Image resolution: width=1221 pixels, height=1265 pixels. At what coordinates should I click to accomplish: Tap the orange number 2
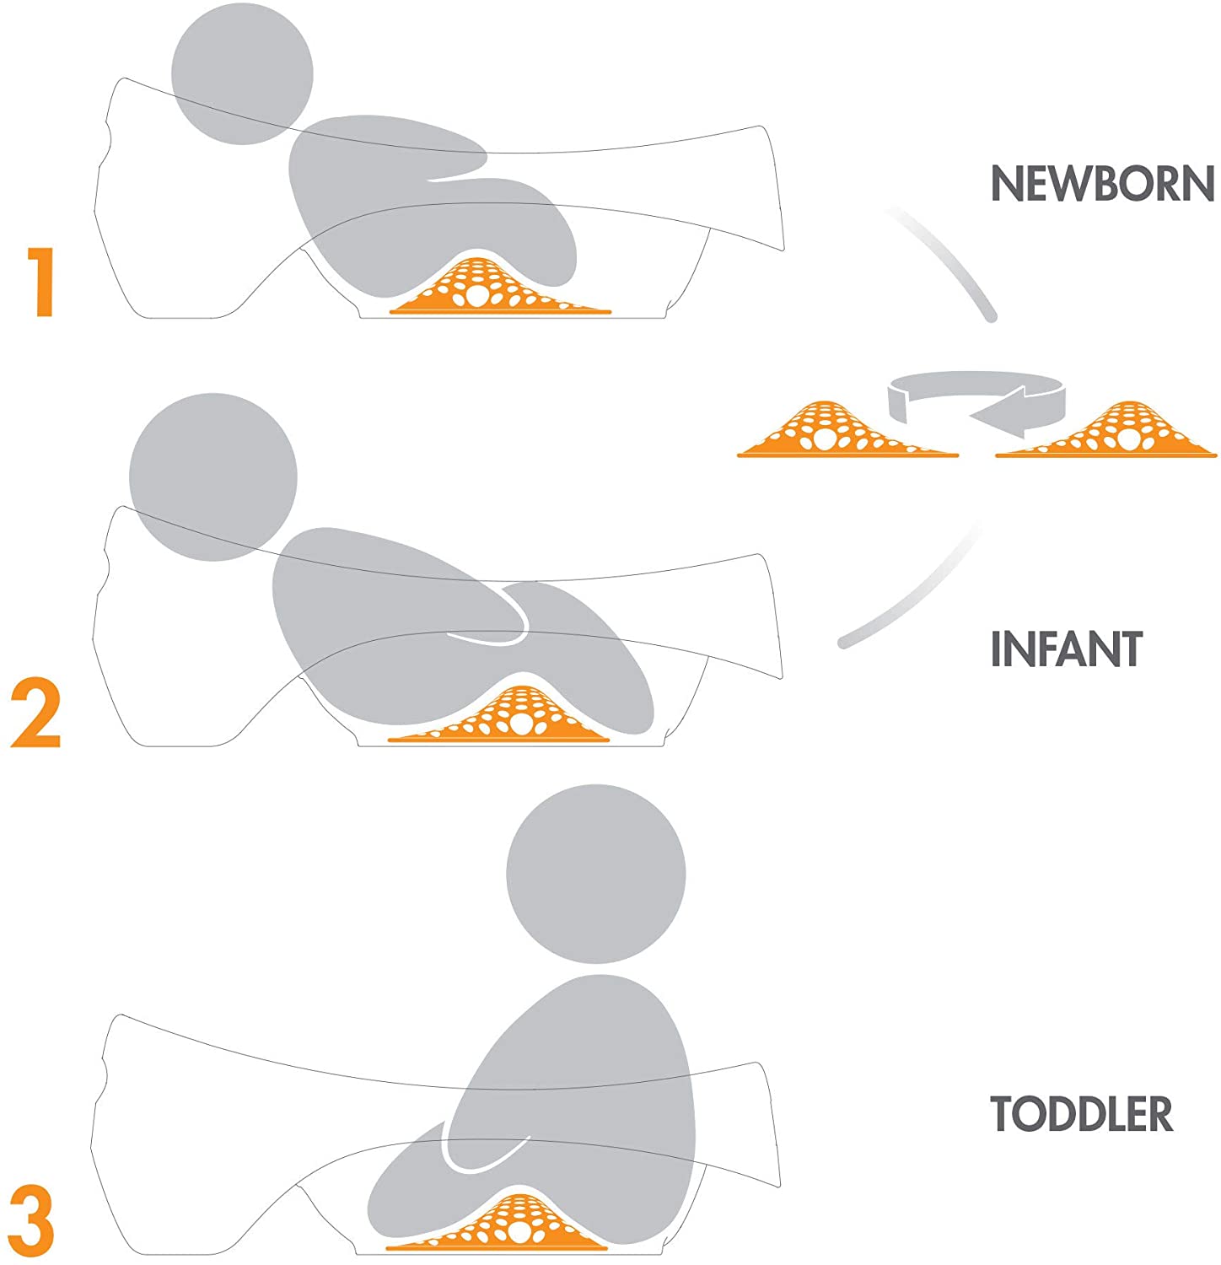[x=36, y=714]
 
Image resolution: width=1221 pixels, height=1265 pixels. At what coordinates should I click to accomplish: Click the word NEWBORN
[x=1101, y=183]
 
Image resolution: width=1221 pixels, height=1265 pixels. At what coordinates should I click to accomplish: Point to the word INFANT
[x=1066, y=649]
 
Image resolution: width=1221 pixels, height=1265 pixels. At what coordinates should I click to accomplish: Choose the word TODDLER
[x=1081, y=1114]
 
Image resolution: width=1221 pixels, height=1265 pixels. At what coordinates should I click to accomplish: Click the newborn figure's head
[x=242, y=73]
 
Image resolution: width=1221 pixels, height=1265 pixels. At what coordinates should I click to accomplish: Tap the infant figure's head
[x=213, y=476]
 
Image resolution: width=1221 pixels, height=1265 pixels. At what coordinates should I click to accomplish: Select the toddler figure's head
[x=595, y=874]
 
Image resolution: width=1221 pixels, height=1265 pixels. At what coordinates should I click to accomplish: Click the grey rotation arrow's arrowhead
[x=995, y=413]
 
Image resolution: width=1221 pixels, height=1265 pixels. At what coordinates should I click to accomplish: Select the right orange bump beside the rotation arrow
[x=1106, y=432]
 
